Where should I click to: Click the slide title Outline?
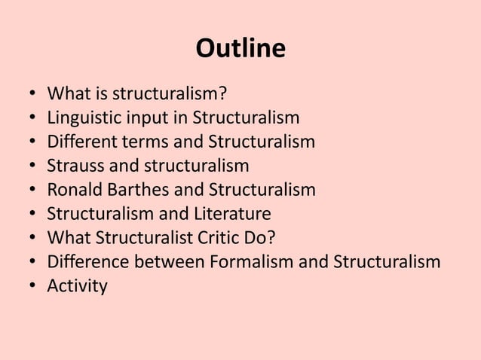click(x=240, y=50)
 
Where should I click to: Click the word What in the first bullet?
click(x=66, y=94)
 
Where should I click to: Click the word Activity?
click(x=77, y=287)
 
